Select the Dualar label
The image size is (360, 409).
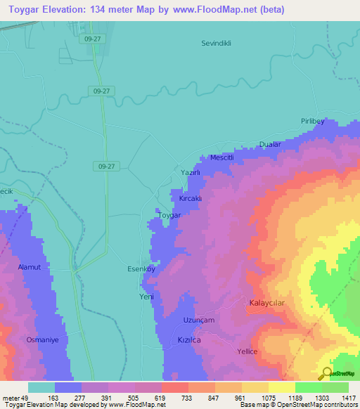tap(269, 144)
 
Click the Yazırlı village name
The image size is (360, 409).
tap(191, 172)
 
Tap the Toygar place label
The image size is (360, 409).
tap(169, 215)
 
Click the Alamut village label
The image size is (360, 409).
tap(31, 268)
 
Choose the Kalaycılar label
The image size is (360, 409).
tap(266, 303)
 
